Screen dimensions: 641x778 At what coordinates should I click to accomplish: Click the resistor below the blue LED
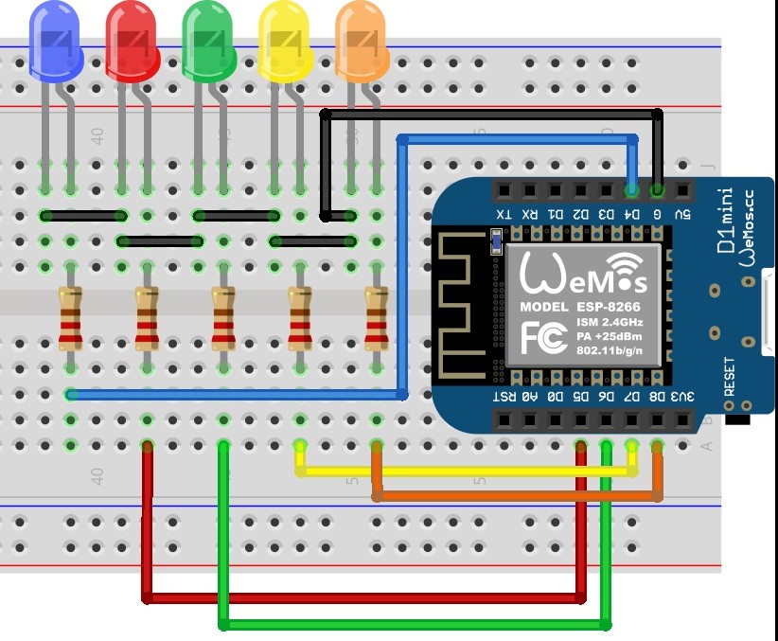[70, 318]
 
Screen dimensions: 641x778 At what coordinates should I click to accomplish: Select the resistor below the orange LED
[377, 318]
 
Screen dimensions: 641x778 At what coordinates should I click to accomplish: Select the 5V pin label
[681, 215]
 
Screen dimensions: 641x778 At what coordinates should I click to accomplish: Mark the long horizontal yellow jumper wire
[464, 470]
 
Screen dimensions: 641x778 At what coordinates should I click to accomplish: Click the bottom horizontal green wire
[416, 624]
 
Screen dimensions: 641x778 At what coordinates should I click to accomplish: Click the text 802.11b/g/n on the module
[610, 352]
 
